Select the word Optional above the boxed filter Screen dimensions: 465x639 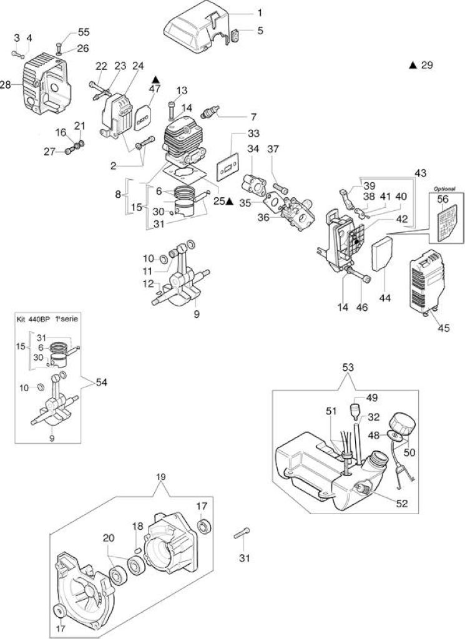coord(444,189)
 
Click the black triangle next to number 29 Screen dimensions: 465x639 coord(413,65)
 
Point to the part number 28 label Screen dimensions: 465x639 coord(5,85)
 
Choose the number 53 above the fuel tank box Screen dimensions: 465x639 coord(347,368)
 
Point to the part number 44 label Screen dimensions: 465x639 coord(384,298)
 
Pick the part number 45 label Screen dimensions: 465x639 coord(444,327)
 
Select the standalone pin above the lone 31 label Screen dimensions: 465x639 coord(242,533)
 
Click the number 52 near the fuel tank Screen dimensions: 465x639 coord(401,504)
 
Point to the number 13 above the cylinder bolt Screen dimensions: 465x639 coord(182,90)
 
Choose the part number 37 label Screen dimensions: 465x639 coord(273,149)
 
